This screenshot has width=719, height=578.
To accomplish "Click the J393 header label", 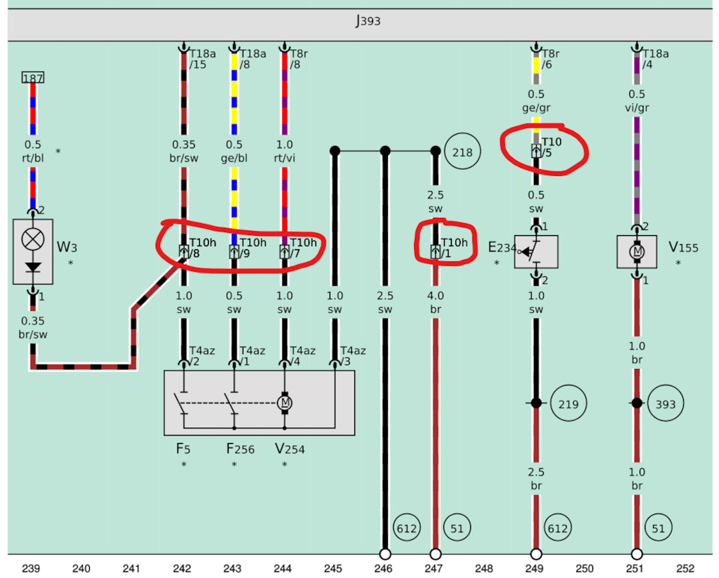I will coord(367,21).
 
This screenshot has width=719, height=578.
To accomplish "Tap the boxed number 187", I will coord(33,78).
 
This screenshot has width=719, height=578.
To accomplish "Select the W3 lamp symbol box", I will coord(33,252).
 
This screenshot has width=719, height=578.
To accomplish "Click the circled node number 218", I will coord(463,152).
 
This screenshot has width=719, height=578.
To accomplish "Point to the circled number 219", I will coord(568,404).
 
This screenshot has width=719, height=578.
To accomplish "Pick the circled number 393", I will coord(665,404).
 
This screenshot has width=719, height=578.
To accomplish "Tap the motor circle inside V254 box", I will coord(284,403).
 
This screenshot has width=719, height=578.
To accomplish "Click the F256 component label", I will coord(240,449).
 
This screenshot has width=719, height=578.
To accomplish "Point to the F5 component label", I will coord(183,449).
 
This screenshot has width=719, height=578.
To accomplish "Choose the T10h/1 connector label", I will coord(453,248).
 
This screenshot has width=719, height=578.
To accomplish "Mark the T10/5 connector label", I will coord(551,147).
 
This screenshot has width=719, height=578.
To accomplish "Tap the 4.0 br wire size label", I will coord(435,302).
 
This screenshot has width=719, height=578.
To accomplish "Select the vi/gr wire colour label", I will coord(637,108).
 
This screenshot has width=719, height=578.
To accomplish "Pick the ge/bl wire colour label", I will coord(234,158).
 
